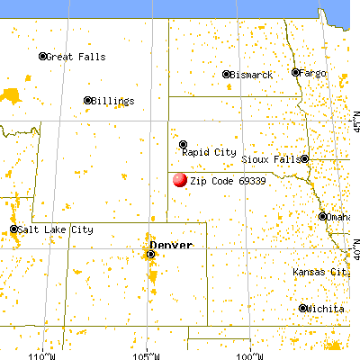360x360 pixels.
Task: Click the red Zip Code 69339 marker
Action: (x=179, y=180)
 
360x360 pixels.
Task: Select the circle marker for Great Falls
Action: (x=42, y=57)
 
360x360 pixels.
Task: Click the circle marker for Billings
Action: (x=88, y=101)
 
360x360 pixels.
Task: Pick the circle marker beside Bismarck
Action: (x=227, y=75)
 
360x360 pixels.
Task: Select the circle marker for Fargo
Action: (x=295, y=72)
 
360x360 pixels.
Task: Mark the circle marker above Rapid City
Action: (x=183, y=144)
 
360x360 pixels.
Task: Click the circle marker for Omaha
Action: (x=322, y=216)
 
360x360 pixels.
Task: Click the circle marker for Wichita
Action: (x=302, y=308)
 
